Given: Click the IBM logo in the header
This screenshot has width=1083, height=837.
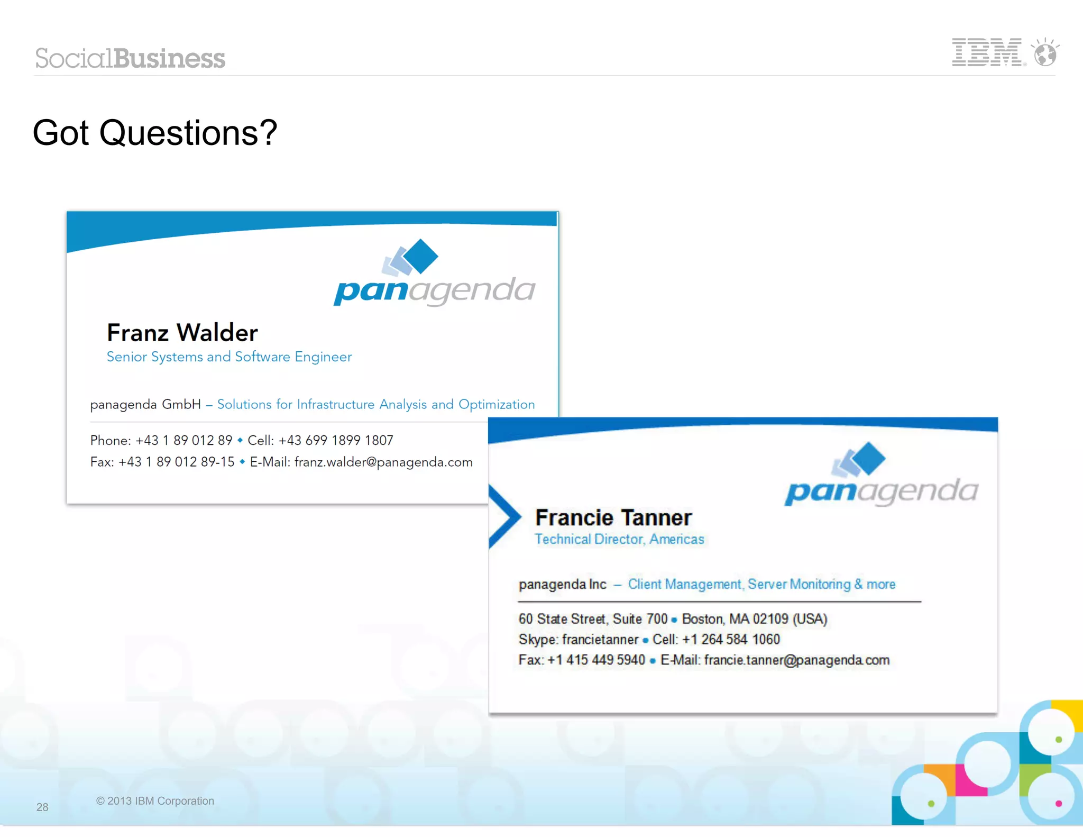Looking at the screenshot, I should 987,52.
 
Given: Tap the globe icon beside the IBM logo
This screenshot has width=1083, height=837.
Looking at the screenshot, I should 1045,53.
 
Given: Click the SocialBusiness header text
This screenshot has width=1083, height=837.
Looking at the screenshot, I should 130,58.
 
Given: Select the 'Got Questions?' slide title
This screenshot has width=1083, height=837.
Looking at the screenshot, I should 154,132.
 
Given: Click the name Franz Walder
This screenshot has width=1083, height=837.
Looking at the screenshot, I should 182,333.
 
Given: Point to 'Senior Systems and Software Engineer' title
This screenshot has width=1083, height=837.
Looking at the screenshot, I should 229,357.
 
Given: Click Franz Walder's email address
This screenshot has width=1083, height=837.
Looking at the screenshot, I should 383,462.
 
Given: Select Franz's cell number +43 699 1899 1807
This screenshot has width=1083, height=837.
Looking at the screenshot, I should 336,440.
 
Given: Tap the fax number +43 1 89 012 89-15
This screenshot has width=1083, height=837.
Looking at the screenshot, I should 177,462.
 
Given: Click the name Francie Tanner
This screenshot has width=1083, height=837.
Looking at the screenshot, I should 613,517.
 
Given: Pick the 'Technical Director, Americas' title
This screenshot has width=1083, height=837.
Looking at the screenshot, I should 619,539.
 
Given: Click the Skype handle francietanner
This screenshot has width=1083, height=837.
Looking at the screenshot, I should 600,640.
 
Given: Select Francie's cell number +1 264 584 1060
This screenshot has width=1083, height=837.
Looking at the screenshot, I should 731,640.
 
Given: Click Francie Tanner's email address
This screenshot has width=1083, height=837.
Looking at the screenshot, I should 796,660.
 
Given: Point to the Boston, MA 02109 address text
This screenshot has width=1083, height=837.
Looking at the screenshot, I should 755,619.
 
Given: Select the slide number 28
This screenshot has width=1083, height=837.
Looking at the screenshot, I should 42,807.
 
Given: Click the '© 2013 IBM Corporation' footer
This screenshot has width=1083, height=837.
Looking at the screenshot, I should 155,801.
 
